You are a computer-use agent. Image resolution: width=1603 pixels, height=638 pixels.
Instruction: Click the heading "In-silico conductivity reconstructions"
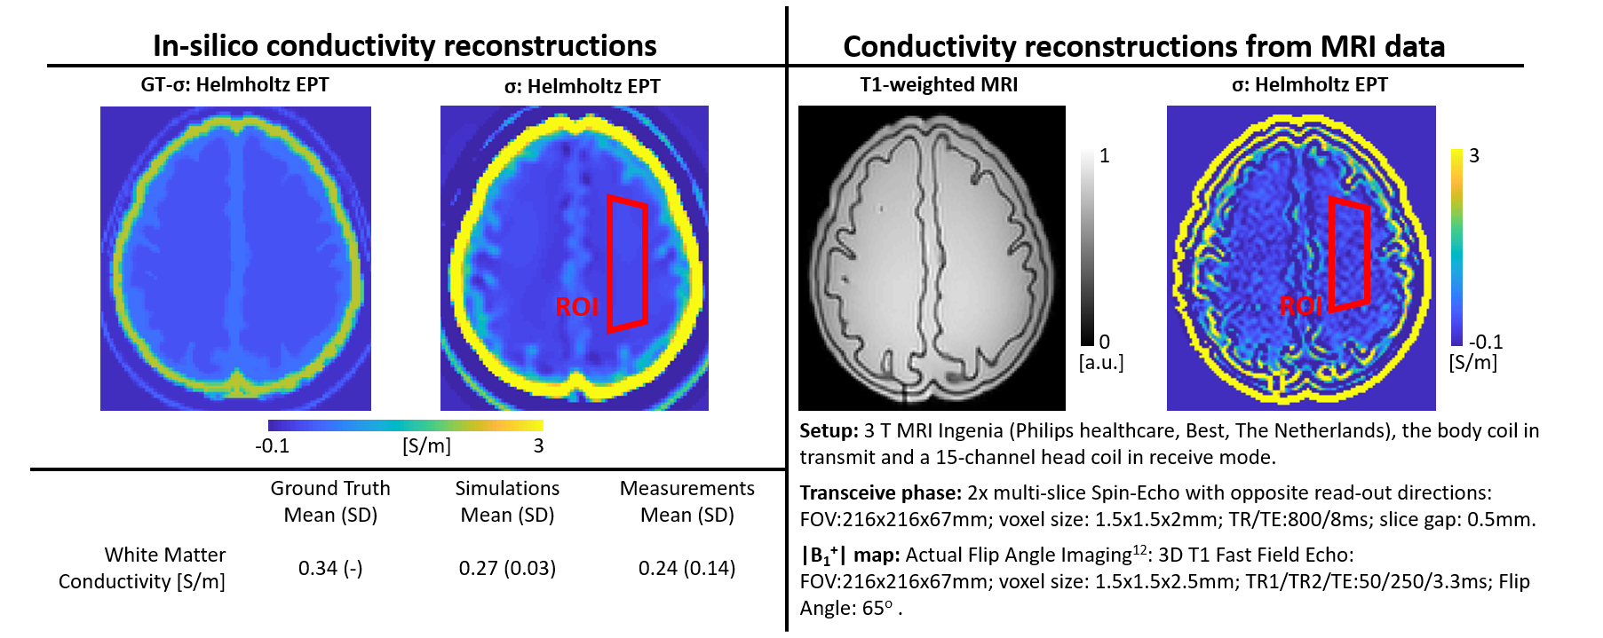(404, 45)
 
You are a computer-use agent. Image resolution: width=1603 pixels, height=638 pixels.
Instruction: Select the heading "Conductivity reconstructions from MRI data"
(1144, 46)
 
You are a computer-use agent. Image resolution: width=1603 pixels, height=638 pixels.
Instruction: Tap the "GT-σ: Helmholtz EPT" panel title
(234, 85)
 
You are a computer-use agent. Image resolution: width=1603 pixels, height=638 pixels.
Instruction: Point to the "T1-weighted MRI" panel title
(939, 85)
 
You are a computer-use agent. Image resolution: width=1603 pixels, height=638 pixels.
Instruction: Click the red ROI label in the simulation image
(577, 307)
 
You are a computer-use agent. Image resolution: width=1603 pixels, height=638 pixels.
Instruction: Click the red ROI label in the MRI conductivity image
(1301, 306)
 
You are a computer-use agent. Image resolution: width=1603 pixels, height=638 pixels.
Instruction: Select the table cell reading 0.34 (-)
(330, 568)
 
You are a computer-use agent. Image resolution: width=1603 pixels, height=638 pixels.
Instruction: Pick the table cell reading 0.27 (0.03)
(507, 568)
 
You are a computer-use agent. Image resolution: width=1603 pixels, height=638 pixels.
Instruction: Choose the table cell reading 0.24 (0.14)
(686, 568)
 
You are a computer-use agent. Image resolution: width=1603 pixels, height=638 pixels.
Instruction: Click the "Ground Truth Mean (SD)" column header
(330, 501)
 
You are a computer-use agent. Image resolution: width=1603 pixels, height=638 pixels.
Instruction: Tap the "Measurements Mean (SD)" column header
(686, 501)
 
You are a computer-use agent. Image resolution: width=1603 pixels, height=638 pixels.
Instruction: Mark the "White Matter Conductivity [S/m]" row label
(142, 568)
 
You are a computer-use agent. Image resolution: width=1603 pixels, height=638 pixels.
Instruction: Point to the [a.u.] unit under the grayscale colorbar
(1101, 363)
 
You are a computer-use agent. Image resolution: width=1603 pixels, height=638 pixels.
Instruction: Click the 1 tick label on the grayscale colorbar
(1105, 156)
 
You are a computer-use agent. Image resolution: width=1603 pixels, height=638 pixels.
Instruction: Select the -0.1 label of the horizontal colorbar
(272, 445)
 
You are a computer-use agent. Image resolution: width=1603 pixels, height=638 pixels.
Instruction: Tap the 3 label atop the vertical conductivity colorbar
(1474, 156)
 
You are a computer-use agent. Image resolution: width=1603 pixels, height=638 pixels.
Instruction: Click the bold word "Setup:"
(829, 431)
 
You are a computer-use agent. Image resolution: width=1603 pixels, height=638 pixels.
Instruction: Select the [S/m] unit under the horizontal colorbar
(426, 445)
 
